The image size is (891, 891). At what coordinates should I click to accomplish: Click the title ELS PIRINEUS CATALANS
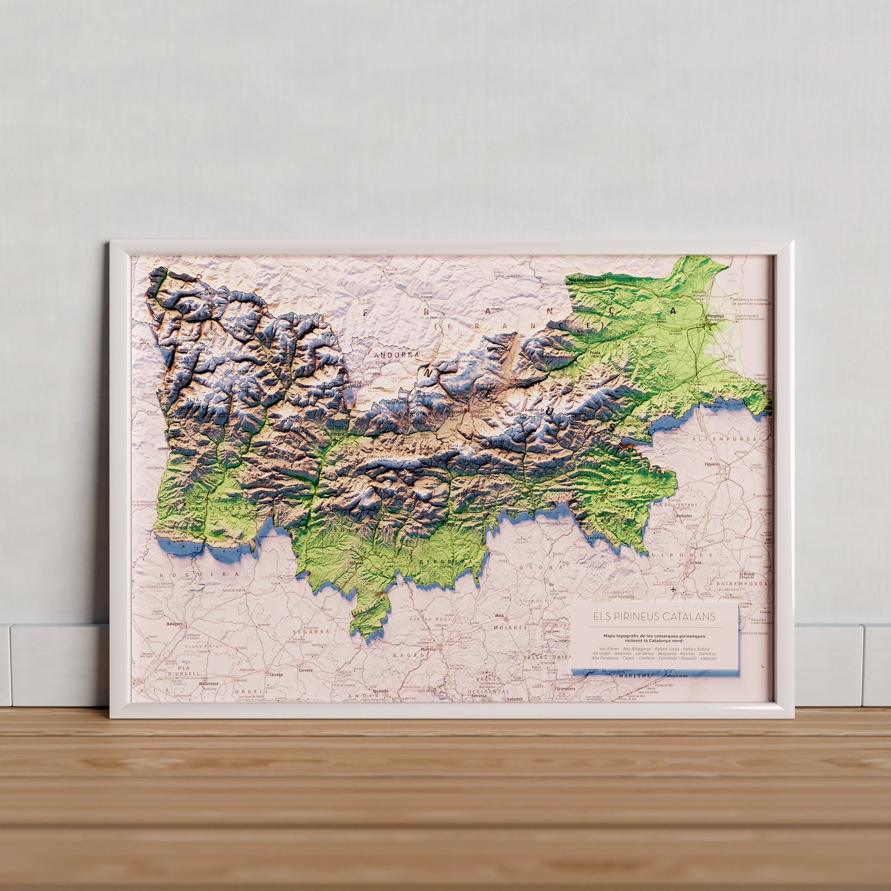[654, 616]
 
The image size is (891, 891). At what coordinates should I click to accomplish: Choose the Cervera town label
[306, 671]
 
